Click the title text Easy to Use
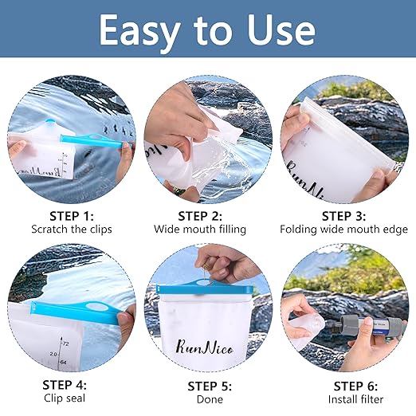(207, 29)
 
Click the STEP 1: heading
(71, 215)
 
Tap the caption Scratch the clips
(71, 230)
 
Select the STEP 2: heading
(200, 215)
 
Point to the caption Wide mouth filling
(200, 230)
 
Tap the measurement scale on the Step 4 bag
(56, 351)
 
